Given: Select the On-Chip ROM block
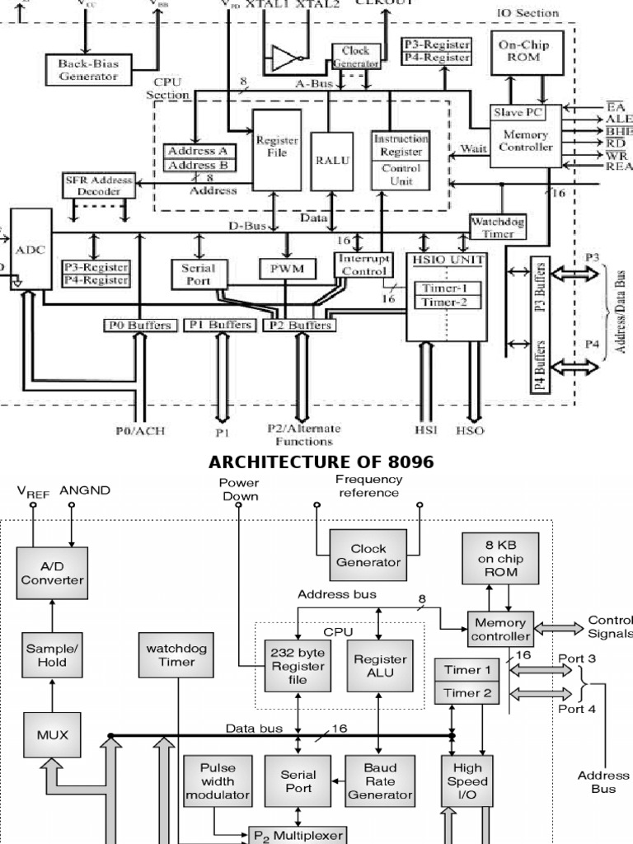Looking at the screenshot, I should click(x=531, y=52).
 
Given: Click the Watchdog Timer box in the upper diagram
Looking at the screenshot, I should click(x=497, y=227).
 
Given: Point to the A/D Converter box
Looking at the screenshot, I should click(x=52, y=573).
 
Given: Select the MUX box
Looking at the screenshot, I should click(x=52, y=734).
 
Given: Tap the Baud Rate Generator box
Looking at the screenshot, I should click(x=379, y=781).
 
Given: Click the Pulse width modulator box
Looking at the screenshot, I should click(x=217, y=781).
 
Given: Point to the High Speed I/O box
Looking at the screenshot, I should click(x=467, y=781).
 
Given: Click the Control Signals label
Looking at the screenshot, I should click(x=609, y=626).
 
